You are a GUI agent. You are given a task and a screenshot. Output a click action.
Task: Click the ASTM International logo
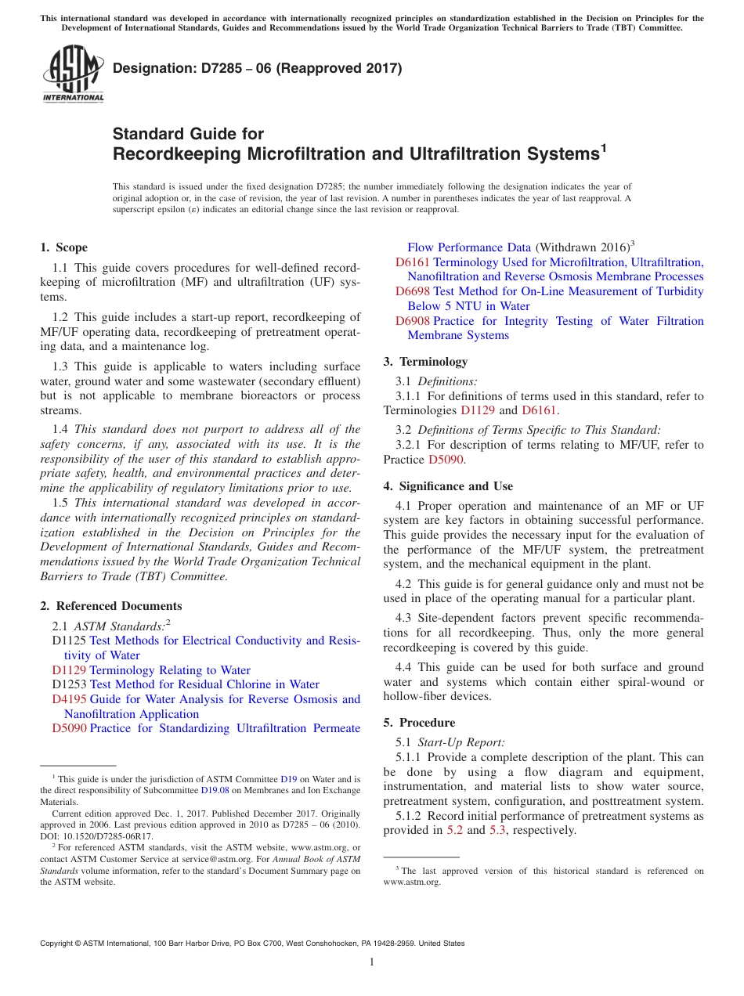point(72,74)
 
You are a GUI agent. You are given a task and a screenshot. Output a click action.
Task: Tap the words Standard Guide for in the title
point(188,134)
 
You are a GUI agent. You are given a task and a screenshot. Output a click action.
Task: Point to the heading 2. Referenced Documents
point(110,606)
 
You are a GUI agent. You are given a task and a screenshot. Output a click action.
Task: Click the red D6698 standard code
point(413,291)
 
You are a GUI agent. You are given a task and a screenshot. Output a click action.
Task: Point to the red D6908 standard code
point(413,321)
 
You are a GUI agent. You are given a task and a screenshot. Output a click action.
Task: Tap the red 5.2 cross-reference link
point(454,830)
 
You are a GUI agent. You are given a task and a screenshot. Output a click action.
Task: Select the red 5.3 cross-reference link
point(497,830)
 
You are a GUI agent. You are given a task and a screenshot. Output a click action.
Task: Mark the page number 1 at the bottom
point(372,962)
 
